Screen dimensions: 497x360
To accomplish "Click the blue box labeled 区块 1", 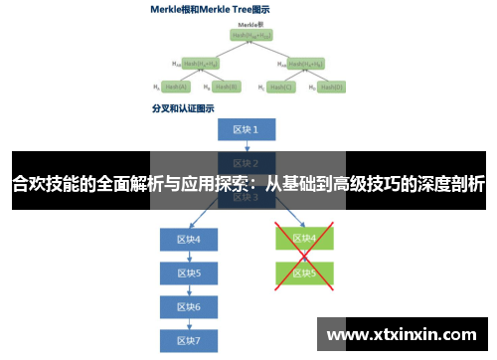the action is [x=246, y=130].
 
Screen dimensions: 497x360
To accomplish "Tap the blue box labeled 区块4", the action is [x=189, y=240].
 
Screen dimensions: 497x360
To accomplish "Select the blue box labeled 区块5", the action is [x=189, y=272].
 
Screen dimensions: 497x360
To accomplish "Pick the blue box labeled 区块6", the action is [x=189, y=306].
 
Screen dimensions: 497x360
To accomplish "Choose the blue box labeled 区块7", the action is [x=189, y=340].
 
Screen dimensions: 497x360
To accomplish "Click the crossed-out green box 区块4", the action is [x=304, y=239].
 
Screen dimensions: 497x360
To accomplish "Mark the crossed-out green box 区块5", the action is [x=304, y=271].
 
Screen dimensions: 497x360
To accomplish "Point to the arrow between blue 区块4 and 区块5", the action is [x=189, y=257].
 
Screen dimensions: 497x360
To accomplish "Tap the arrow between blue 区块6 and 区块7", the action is [x=189, y=323].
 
